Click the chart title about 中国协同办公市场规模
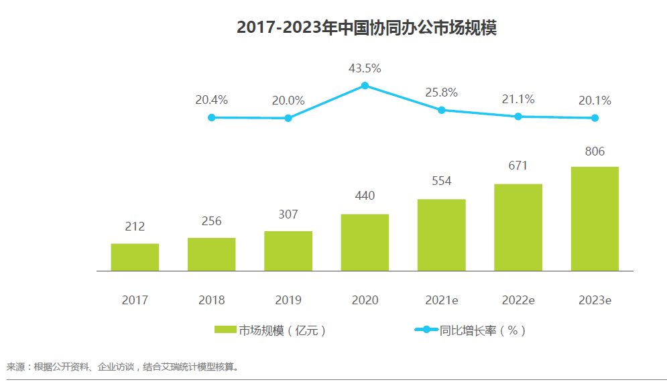point(366,28)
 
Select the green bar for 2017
point(135,257)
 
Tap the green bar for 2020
point(365,243)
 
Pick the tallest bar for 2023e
point(595,219)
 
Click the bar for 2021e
point(441,235)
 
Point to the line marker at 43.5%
point(365,85)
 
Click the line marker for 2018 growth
point(212,117)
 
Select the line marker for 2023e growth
point(595,118)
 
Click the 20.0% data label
point(288,101)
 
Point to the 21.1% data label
point(518,99)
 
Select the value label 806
point(595,151)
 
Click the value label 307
point(288,214)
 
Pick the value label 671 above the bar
point(518,166)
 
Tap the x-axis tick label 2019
point(288,300)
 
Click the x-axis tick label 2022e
point(518,300)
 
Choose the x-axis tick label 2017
point(135,300)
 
